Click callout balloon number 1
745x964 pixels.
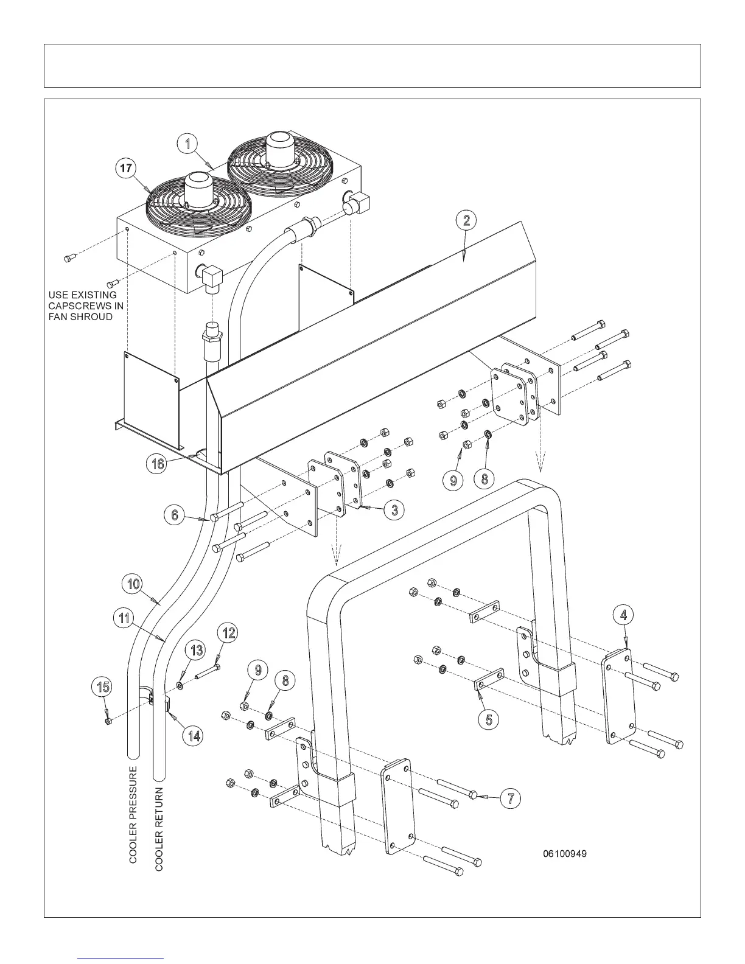tap(188, 144)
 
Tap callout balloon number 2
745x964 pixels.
tap(466, 220)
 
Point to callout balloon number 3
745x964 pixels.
tap(394, 509)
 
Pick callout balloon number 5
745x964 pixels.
tap(489, 719)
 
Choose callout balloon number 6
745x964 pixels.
tap(175, 515)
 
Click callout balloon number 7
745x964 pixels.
tap(511, 798)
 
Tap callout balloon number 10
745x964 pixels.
tap(133, 585)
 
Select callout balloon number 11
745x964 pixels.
tap(124, 618)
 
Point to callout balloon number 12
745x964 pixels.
tap(228, 633)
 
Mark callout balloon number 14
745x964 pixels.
tap(194, 735)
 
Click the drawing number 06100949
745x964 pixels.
tap(565, 854)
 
